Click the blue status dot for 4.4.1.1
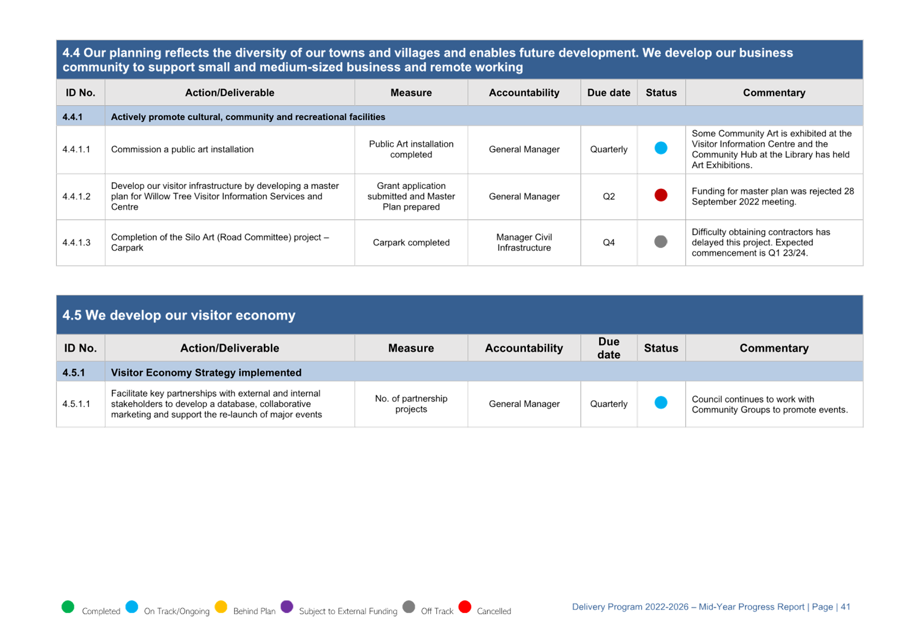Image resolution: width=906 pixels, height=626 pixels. (x=661, y=148)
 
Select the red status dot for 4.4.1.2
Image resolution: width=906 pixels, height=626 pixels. (x=661, y=195)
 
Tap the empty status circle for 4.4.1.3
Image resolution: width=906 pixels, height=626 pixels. (x=661, y=242)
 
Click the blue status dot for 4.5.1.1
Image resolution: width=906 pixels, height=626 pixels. (x=661, y=402)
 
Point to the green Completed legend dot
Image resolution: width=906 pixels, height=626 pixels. (x=68, y=607)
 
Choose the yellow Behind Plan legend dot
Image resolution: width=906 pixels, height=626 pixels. (x=221, y=607)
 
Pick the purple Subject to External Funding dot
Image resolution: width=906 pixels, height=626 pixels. (x=287, y=607)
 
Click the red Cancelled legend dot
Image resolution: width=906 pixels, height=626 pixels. (x=465, y=607)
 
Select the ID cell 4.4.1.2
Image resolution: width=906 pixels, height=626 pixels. (x=77, y=196)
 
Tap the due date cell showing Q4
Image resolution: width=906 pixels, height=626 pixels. (x=609, y=242)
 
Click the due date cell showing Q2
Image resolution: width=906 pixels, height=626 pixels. (x=609, y=196)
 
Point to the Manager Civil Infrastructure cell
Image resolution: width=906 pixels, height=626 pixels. (x=524, y=242)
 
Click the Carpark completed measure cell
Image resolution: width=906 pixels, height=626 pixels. (x=411, y=242)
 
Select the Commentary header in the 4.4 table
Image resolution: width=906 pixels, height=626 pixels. (x=774, y=92)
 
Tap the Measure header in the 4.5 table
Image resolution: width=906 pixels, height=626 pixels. (x=411, y=348)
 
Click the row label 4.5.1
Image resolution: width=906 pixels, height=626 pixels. (x=74, y=372)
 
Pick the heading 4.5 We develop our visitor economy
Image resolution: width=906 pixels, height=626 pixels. (x=179, y=315)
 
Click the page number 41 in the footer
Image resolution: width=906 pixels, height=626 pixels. (x=845, y=607)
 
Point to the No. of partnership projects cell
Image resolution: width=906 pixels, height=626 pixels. (x=411, y=404)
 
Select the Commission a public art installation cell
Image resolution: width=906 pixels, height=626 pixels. (x=182, y=149)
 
